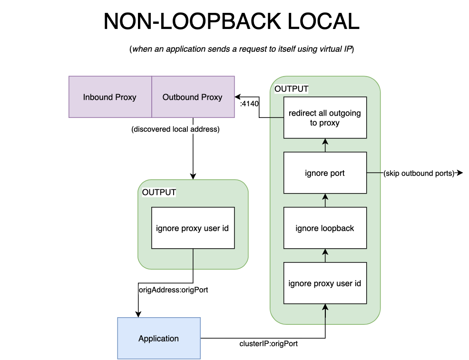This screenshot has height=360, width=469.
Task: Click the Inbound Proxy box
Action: pyautogui.click(x=110, y=97)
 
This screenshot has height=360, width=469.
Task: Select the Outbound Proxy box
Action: pyautogui.click(x=193, y=97)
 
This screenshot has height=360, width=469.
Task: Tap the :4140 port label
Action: pyautogui.click(x=249, y=104)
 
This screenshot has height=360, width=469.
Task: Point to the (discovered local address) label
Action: pyautogui.click(x=175, y=129)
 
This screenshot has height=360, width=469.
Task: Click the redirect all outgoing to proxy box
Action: pyautogui.click(x=325, y=117)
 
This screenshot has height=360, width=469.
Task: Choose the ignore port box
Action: pyautogui.click(x=325, y=173)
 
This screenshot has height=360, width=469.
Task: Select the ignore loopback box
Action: pyautogui.click(x=325, y=228)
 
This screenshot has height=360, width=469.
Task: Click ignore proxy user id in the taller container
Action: pyautogui.click(x=325, y=283)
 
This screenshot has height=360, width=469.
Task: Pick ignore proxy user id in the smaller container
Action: pyautogui.click(x=193, y=228)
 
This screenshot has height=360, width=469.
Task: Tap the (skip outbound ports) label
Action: pyautogui.click(x=419, y=174)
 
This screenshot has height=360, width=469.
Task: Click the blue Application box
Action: pyautogui.click(x=159, y=338)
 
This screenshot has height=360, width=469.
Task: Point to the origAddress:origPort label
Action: pyautogui.click(x=173, y=290)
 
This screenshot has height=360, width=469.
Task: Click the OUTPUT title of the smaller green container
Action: pyautogui.click(x=159, y=192)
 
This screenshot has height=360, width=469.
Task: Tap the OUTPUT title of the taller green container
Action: pyautogui.click(x=291, y=89)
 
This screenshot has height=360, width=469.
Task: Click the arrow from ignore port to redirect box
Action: pyautogui.click(x=325, y=146)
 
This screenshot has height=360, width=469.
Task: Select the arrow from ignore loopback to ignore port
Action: pyautogui.click(x=325, y=201)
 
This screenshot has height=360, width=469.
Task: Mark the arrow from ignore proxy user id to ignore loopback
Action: pyautogui.click(x=325, y=256)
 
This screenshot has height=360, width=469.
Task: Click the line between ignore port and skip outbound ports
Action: pyautogui.click(x=374, y=173)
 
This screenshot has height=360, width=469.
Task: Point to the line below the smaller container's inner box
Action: pyautogui.click(x=193, y=259)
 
